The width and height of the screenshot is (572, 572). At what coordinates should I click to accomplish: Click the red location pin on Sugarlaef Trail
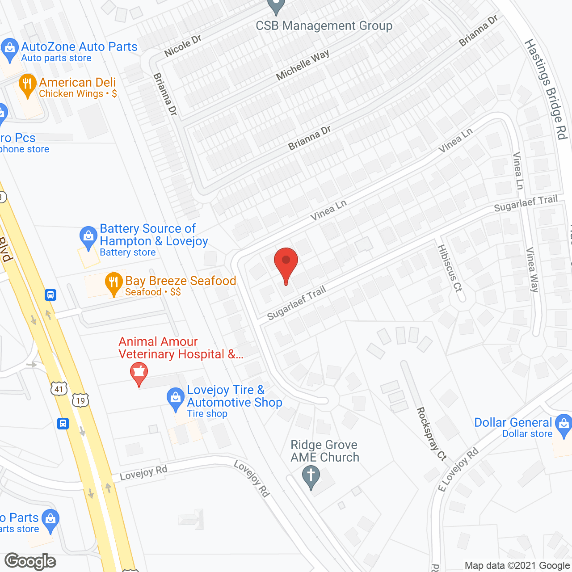[286, 264]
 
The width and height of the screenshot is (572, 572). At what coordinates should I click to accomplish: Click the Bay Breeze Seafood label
[181, 281]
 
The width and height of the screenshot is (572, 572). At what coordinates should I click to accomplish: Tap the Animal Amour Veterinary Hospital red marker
[139, 373]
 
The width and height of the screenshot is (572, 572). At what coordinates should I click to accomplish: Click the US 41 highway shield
[59, 389]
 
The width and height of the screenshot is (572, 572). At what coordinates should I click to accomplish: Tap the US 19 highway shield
[80, 400]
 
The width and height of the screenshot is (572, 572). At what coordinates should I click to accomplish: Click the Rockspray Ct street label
[431, 433]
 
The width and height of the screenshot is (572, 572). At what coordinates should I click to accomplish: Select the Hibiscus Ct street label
[450, 268]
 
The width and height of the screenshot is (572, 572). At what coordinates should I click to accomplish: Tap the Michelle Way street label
[303, 65]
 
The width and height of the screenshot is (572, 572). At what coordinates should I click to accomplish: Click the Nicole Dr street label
[183, 46]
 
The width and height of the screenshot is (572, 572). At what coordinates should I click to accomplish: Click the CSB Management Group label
[324, 26]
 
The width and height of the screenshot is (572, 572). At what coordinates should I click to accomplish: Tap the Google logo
[30, 561]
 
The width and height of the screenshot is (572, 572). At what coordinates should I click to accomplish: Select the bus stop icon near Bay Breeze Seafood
[50, 295]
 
